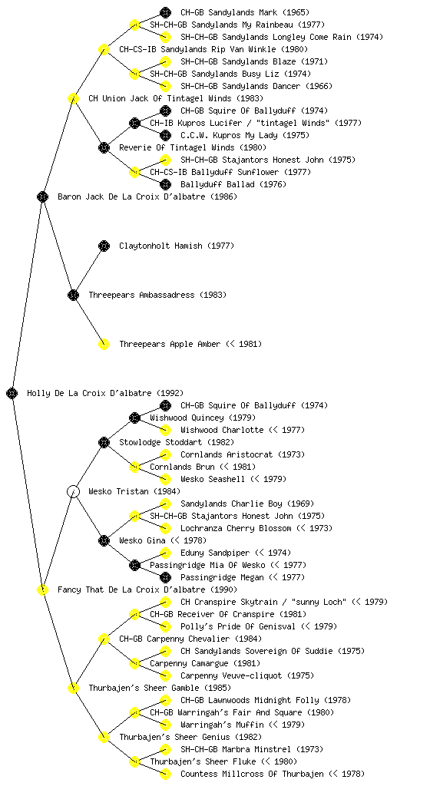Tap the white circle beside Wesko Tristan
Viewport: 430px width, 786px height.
[73, 491]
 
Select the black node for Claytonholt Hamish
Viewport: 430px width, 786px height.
[104, 246]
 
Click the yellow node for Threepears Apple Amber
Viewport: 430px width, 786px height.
[104, 344]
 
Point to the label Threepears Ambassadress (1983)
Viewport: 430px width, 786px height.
[157, 295]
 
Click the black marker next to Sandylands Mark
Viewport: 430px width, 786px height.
[165, 12]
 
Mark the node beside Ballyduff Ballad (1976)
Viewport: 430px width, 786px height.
[165, 184]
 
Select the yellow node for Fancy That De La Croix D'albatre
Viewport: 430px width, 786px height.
[42, 589]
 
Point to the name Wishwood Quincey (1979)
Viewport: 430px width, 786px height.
[203, 418]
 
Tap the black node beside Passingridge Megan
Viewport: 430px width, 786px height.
[165, 577]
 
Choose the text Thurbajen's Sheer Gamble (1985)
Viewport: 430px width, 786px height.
[160, 688]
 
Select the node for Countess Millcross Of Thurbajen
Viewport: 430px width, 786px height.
[165, 774]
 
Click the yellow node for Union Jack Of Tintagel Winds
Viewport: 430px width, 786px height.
[73, 98]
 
